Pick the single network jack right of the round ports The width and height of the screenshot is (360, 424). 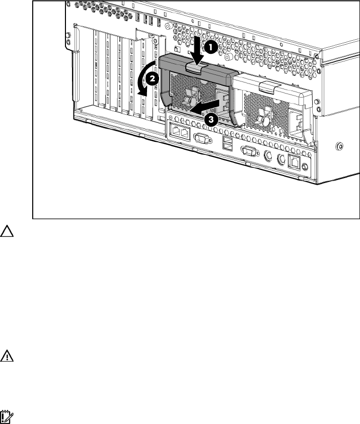(295, 162)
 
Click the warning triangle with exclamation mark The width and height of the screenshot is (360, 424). (8, 356)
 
